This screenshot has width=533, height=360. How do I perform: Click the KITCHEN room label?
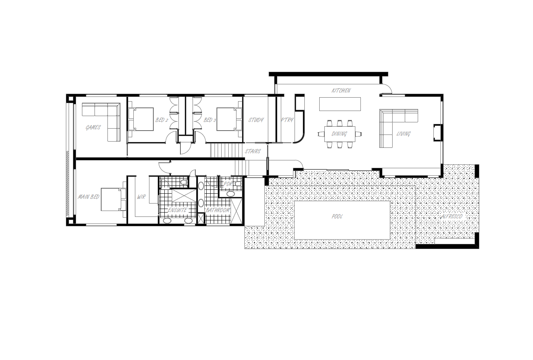(x=341, y=91)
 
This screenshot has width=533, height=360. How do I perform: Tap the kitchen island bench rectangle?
(x=340, y=104)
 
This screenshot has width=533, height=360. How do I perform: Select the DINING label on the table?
(x=339, y=134)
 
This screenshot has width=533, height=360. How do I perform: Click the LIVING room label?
(x=403, y=134)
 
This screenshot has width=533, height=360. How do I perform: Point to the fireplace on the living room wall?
(x=438, y=133)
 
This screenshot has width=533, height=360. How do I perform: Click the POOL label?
(x=337, y=216)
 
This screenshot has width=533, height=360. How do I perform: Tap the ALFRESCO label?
(x=451, y=216)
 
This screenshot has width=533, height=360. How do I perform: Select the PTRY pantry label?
(x=287, y=120)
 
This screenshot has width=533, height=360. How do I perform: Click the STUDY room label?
(x=256, y=120)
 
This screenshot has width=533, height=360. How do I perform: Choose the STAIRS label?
(x=253, y=151)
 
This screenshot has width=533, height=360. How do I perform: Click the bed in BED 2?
(x=141, y=119)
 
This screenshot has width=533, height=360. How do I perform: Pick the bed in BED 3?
(x=229, y=119)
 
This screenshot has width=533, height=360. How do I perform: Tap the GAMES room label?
(x=93, y=127)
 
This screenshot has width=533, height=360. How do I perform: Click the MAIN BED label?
(x=89, y=197)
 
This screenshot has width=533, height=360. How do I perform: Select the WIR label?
(x=141, y=197)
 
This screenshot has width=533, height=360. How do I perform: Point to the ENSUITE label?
(x=177, y=210)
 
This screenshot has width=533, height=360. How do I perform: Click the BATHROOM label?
(x=218, y=210)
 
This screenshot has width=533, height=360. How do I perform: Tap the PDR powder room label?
(x=228, y=184)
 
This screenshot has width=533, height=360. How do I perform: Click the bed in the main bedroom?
(x=114, y=199)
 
